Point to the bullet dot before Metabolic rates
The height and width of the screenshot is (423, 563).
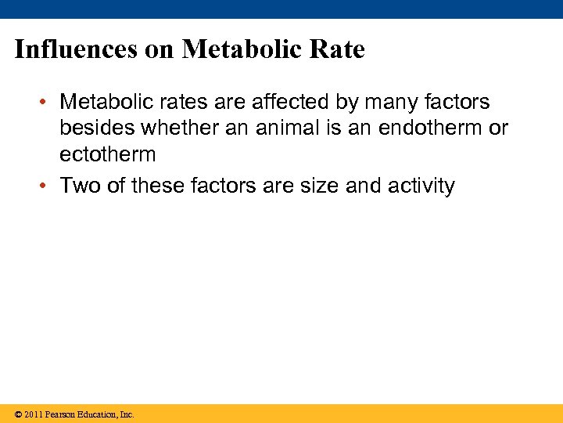(x=47, y=103)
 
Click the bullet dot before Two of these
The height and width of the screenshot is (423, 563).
(x=47, y=186)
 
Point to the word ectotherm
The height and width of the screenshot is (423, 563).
(x=108, y=154)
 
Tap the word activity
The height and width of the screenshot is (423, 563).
(x=423, y=186)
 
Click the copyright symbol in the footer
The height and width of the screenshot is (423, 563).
(x=18, y=414)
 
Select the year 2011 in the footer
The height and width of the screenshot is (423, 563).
(x=33, y=414)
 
